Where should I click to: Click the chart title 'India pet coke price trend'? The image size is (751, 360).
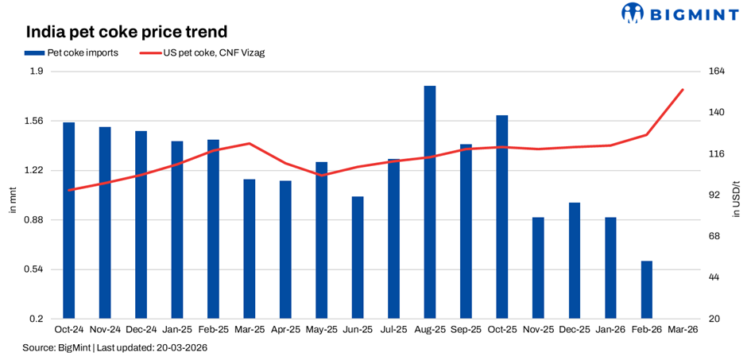click(x=127, y=33)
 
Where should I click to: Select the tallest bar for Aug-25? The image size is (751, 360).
click(x=429, y=202)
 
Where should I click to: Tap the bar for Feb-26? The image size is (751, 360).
click(x=646, y=289)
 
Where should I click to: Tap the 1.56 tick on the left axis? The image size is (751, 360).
click(x=37, y=122)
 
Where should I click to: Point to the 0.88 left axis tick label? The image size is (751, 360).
click(x=37, y=220)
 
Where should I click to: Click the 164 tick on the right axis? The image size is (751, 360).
click(x=716, y=72)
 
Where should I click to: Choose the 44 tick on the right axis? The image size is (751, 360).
click(x=714, y=277)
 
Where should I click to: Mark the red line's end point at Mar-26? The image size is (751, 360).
click(x=683, y=90)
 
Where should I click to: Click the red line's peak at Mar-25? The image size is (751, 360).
click(x=250, y=144)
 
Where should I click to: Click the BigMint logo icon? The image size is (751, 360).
click(x=632, y=14)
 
